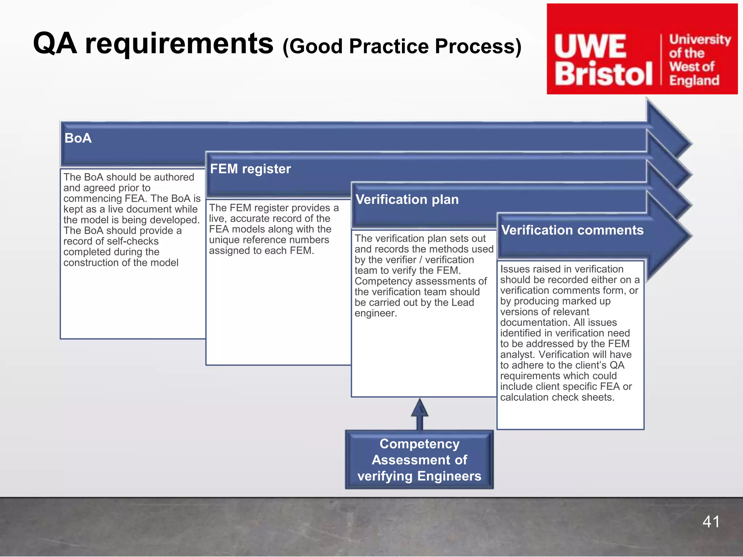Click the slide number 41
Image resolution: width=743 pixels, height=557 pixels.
click(x=711, y=521)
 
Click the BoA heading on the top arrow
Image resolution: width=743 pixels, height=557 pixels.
click(x=78, y=138)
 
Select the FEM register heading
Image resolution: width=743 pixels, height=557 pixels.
click(x=250, y=169)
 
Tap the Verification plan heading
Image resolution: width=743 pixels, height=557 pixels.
click(x=407, y=199)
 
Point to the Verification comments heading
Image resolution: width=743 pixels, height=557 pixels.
click(x=572, y=230)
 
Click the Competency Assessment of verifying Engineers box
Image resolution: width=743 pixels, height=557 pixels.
click(x=419, y=460)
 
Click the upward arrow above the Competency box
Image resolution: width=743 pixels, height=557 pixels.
click(x=420, y=413)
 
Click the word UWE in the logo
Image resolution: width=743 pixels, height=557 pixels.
click(x=590, y=46)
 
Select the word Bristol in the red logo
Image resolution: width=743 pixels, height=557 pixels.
click(x=603, y=74)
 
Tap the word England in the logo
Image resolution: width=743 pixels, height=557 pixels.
click(x=694, y=80)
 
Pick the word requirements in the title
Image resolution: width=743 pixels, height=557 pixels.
click(x=179, y=44)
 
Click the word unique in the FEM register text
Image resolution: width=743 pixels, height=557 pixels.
click(x=225, y=240)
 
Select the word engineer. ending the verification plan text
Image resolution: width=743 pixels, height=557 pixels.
click(x=376, y=313)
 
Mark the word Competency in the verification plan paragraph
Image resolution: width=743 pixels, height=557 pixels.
click(x=384, y=281)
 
